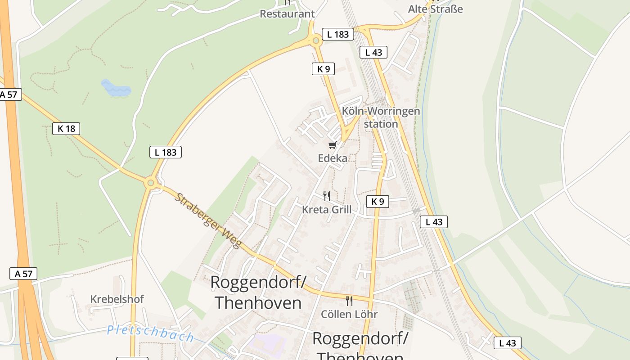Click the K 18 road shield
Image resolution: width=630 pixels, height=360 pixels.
point(66,129)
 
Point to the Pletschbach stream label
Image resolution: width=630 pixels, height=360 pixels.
point(150,333)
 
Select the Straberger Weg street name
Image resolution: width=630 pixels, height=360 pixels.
point(208,220)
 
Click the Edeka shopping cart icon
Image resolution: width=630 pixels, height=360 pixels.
point(332,145)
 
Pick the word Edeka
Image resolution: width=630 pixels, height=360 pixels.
point(333,158)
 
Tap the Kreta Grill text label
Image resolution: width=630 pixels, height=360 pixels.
point(327,210)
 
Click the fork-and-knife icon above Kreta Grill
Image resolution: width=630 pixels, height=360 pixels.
point(327,196)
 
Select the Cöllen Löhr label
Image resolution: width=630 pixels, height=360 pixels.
point(349,314)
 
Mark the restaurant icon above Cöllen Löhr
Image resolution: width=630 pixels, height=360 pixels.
point(349,301)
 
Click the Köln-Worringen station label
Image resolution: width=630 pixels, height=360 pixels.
point(381,117)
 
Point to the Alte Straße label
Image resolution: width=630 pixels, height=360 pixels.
point(435,9)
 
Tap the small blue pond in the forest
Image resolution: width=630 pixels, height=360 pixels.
point(116,88)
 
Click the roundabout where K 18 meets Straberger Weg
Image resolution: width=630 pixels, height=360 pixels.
point(150,183)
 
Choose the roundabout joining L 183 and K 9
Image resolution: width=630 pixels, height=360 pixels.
point(316,41)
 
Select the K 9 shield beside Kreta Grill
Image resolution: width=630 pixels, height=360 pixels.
point(378,202)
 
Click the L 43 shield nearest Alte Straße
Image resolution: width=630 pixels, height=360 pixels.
point(373,52)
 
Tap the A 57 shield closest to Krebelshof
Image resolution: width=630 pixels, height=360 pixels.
point(23,274)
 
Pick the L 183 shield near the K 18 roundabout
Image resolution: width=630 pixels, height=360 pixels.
point(166,152)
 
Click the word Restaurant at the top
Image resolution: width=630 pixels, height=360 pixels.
point(287,14)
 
